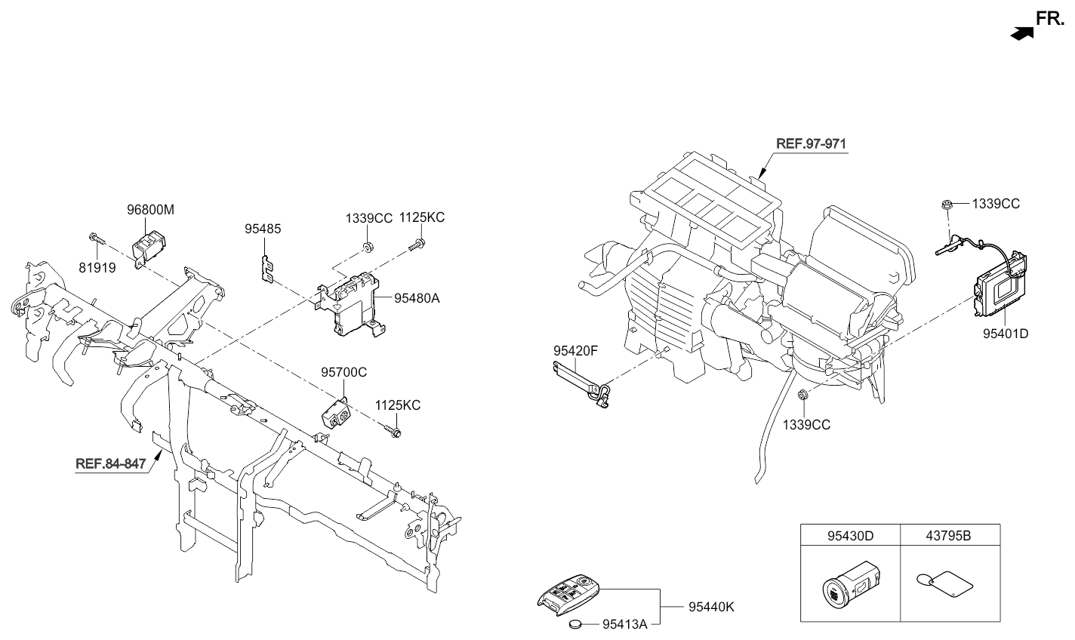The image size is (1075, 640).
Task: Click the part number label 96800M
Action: click(x=150, y=211)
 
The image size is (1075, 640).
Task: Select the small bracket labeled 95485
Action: click(x=265, y=268)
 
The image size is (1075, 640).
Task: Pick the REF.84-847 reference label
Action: click(x=110, y=463)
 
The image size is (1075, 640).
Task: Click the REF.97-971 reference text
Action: click(x=812, y=143)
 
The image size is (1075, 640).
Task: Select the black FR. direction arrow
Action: click(x=1022, y=32)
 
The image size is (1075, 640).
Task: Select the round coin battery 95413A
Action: click(x=578, y=624)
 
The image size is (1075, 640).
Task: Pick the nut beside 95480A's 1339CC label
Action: click(x=366, y=247)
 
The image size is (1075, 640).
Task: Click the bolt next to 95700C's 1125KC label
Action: click(x=395, y=432)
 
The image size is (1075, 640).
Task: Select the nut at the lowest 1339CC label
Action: click(x=803, y=393)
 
